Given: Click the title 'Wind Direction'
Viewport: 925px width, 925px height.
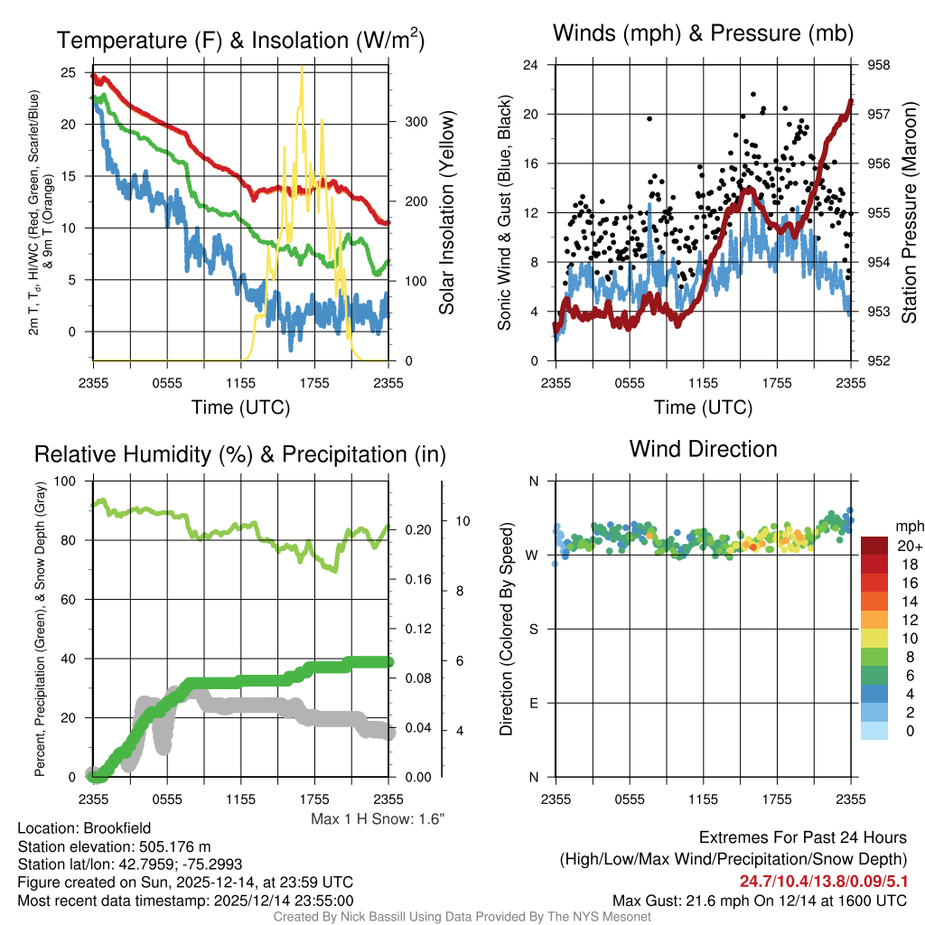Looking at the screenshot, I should (703, 449).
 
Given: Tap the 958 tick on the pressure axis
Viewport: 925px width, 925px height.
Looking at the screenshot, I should (878, 65).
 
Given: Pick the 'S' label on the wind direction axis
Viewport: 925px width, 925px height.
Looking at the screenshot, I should (533, 629).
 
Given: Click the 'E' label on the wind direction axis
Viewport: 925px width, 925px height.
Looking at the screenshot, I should (533, 703).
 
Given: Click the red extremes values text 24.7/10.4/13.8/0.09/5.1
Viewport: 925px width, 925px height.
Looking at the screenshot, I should (823, 881).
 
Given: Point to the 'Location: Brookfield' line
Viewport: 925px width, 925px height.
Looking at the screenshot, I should (84, 827).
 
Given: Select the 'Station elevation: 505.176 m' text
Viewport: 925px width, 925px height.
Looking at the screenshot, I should (114, 846).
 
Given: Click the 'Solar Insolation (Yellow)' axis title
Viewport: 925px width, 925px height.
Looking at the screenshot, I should (446, 212).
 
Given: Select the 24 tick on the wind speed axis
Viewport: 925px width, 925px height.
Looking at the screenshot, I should (531, 65).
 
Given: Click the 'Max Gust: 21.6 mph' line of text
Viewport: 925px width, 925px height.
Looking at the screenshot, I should (759, 900).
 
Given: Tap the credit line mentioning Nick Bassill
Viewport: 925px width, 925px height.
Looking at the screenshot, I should (462, 917).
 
